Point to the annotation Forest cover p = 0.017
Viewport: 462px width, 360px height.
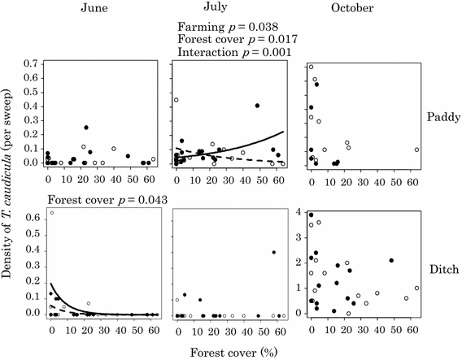(x=236, y=37)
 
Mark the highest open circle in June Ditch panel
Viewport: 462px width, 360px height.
(x=52, y=213)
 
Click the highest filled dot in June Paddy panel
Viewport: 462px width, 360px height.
(x=86, y=128)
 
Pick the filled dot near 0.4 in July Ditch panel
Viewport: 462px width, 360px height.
(x=273, y=253)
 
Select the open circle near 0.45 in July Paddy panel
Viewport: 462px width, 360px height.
(x=177, y=100)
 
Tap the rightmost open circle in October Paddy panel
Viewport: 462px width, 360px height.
(x=416, y=150)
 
